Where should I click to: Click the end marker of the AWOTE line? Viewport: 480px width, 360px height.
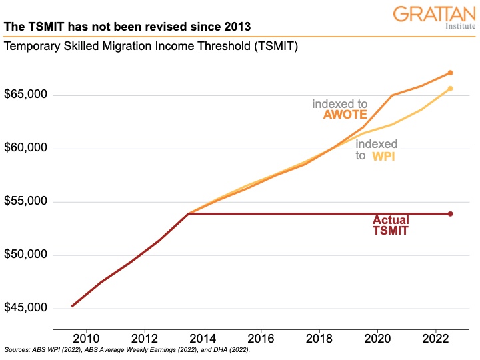451,73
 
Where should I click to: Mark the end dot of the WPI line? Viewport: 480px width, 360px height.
451,88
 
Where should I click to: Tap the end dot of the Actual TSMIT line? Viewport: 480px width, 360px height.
451,214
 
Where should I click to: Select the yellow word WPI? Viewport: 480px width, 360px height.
385,155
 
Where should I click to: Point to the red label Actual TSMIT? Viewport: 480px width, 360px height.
391,225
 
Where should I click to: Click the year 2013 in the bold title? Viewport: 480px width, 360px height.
237,27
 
